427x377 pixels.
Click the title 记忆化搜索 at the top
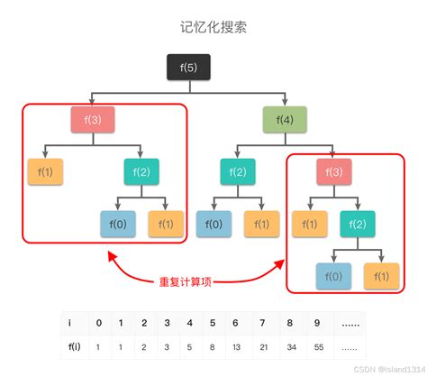click(213, 27)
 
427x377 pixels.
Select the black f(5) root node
click(188, 68)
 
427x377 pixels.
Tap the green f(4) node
click(285, 118)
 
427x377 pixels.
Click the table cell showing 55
click(317, 345)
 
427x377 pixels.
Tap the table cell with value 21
click(265, 345)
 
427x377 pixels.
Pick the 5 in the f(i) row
click(188, 345)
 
